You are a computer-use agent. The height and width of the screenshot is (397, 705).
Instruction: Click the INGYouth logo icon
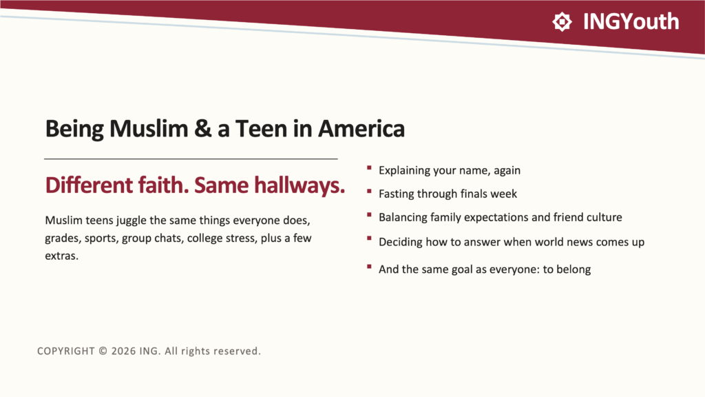point(562,21)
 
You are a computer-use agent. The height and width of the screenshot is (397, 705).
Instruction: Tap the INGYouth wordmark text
point(631,21)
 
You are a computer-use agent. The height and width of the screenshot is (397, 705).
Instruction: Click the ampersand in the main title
point(203,129)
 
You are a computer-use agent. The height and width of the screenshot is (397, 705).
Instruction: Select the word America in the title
point(361,129)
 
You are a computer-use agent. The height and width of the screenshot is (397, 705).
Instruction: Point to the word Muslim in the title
point(149,129)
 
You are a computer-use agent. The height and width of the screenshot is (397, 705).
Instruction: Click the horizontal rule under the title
point(191,159)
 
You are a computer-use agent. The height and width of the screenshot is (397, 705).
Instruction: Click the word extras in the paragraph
point(61,256)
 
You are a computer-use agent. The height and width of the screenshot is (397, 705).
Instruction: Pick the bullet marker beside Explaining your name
point(369,168)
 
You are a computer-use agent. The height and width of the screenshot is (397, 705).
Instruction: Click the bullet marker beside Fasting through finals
point(369,192)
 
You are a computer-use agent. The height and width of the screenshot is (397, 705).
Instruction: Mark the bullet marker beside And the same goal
point(369,267)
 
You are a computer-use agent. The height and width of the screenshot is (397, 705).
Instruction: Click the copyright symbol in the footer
point(103,351)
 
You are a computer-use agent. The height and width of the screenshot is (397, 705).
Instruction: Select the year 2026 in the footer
point(124,351)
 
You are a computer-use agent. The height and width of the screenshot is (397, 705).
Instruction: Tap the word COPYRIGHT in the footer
point(66,351)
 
